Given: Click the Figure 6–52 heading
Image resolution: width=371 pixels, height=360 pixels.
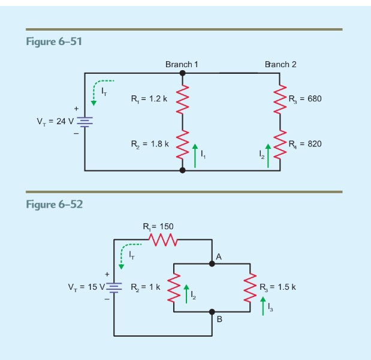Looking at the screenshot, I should pos(55,205).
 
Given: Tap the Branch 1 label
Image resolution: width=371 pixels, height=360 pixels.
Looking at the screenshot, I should pos(182,64).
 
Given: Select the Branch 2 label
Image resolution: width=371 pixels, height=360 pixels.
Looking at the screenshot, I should pos(280,64).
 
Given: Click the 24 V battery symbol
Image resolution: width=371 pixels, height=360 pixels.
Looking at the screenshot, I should pos(85,121).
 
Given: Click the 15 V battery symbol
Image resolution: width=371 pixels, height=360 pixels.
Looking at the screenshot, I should pos(114,287).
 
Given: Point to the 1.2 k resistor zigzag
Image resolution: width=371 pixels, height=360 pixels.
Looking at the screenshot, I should pos(183,98).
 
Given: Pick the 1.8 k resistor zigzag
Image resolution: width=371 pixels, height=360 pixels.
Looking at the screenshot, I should pos(183,145).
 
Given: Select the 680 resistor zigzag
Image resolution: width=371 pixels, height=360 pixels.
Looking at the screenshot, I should pos(280,98).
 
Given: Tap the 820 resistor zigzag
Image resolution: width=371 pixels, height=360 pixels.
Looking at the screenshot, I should pos(280,145).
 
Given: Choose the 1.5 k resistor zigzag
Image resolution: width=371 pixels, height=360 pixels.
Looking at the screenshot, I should pos(251,287).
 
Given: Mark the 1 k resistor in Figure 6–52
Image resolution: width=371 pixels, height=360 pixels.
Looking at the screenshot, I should pos(174,287).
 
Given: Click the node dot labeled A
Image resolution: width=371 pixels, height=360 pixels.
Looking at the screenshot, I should pos(212,263).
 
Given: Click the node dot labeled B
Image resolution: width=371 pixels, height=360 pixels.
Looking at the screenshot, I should pos(212,312).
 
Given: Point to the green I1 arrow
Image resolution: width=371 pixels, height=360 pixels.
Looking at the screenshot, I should pos(194,155).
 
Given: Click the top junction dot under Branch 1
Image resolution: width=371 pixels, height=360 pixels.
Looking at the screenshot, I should pos(183,73).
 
